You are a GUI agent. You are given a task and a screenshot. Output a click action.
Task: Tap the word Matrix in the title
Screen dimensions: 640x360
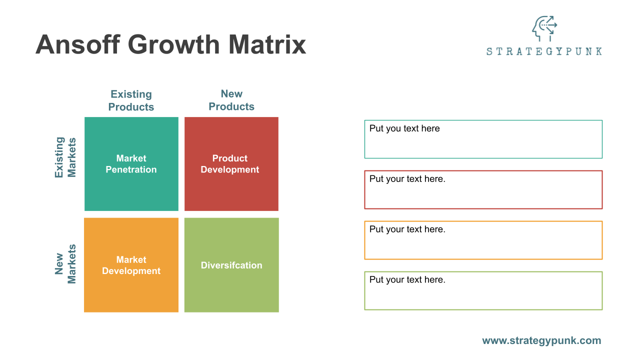[x=267, y=44]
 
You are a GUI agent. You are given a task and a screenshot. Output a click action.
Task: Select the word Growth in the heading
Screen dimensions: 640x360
[x=174, y=44]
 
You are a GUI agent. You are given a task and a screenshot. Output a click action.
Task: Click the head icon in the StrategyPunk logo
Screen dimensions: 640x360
[x=544, y=28]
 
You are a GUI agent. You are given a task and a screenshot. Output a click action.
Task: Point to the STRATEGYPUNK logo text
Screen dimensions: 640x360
[x=544, y=51]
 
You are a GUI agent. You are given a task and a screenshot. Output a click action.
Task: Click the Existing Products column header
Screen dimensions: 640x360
[x=131, y=100]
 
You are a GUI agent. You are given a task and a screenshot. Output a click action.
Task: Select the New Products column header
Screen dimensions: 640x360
[x=231, y=100]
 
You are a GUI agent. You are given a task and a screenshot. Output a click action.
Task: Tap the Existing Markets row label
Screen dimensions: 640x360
[x=65, y=157]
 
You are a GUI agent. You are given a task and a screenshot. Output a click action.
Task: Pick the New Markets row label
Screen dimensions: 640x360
[x=65, y=264]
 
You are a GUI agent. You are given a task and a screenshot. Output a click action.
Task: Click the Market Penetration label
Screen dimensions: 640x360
[x=131, y=164]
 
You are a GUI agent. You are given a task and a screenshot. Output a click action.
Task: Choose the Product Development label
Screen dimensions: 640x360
[x=230, y=164]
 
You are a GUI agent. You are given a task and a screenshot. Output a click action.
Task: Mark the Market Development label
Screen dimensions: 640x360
[x=131, y=265]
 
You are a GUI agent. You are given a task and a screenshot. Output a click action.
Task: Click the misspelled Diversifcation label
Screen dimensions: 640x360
[x=231, y=265]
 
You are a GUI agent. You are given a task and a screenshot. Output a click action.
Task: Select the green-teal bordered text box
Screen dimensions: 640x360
[x=483, y=145]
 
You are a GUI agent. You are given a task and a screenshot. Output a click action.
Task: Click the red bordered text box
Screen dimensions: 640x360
[x=483, y=195]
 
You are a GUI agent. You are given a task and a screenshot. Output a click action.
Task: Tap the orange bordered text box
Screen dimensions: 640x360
[x=483, y=246]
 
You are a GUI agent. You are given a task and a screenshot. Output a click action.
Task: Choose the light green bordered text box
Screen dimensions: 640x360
[x=483, y=296]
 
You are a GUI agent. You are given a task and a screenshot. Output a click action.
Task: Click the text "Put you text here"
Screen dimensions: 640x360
[x=404, y=128]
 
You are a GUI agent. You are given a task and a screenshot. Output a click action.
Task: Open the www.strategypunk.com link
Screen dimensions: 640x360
[x=541, y=340]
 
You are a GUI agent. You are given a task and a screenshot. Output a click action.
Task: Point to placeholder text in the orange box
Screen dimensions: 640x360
[x=407, y=229]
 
